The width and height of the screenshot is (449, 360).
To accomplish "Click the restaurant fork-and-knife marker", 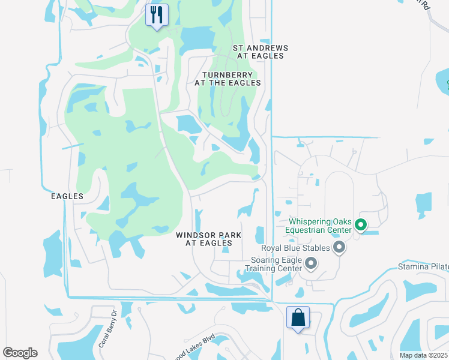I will (157, 15).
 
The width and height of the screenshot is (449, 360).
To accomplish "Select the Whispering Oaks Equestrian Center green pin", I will (361, 226).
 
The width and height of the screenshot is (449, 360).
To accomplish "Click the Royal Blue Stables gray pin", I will (339, 247).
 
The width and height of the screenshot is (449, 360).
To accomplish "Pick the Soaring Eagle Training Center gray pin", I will (311, 263).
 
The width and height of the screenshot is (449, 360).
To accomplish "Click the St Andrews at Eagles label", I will (260, 52).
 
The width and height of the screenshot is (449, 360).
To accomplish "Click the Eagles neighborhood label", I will (67, 196).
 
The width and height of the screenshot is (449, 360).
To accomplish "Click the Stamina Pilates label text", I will (424, 266).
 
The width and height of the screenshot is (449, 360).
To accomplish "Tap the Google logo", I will (20, 352).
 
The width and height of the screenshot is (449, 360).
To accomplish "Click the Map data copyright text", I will (423, 355).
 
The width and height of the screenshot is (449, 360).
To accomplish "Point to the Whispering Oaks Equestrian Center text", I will (318, 226).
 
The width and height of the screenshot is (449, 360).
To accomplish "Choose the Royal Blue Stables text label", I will (295, 248).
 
